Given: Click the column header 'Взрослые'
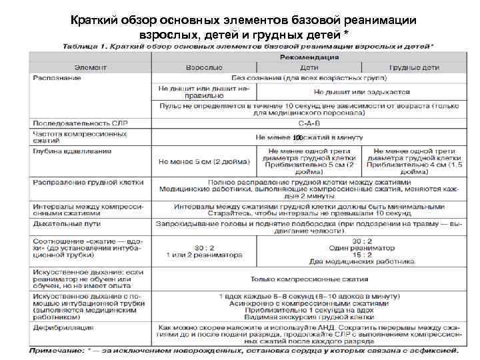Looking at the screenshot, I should pyautogui.click(x=203, y=68).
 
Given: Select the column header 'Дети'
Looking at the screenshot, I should pyautogui.click(x=309, y=68).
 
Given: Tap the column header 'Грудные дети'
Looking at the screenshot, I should pyautogui.click(x=415, y=68).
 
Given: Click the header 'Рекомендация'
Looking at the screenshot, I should pyautogui.click(x=308, y=58).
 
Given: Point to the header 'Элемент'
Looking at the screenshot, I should pyautogui.click(x=89, y=68).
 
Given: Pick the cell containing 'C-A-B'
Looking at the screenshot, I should pyautogui.click(x=308, y=123).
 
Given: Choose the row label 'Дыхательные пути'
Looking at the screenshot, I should pyautogui.click(x=63, y=224).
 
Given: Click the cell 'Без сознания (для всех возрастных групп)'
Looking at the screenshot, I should pyautogui.click(x=308, y=78).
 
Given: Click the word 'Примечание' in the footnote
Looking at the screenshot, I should pyautogui.click(x=56, y=349).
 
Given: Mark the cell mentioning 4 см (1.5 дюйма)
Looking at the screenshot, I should pyautogui.click(x=414, y=161).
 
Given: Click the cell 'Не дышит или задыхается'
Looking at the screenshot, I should pyautogui.click(x=360, y=91).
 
